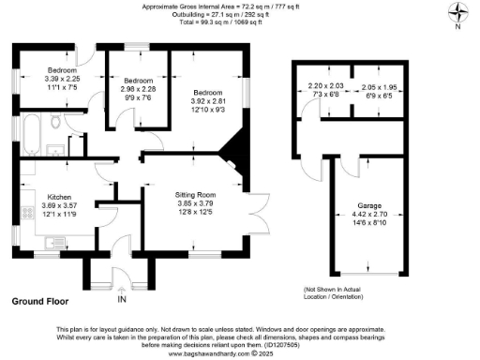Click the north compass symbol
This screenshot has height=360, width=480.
point(456,13)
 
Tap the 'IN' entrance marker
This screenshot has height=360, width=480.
point(122,301)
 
